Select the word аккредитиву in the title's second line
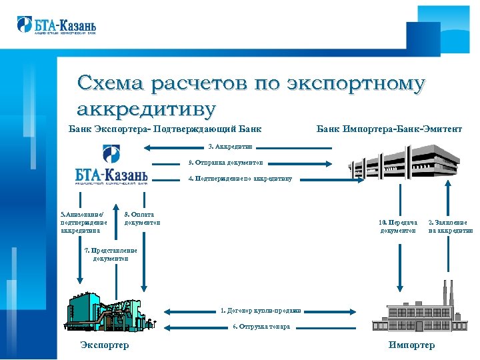tap(147, 107)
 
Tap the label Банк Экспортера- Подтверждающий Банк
tap(165, 128)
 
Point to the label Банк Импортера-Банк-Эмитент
tap(389, 128)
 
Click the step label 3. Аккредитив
tap(230, 146)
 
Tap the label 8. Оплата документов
tap(142, 218)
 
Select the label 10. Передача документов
tap(398, 226)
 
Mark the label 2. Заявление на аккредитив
tap(450, 226)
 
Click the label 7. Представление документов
tap(111, 254)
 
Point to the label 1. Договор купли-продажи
tap(261, 310)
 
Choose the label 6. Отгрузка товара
tap(261, 326)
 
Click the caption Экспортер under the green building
tap(104, 345)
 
